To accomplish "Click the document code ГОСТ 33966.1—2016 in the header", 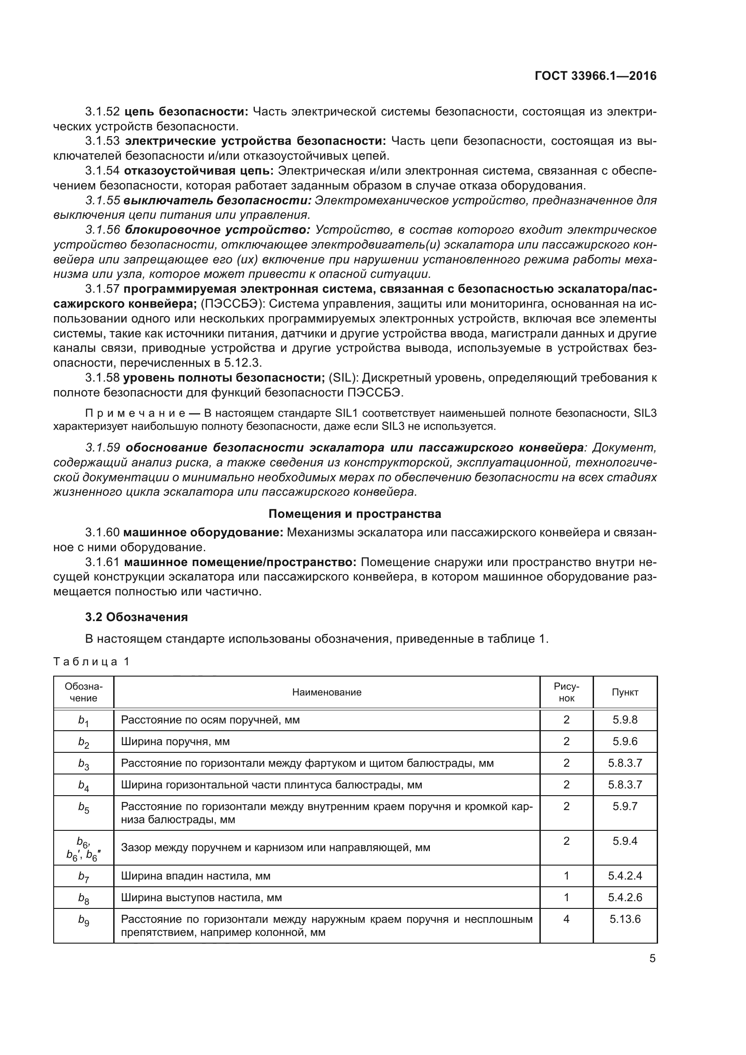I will [595, 76].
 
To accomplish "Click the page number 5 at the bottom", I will [652, 958].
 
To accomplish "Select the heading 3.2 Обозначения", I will [136, 617].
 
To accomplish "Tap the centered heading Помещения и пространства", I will [355, 513].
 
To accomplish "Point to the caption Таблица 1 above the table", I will [92, 661].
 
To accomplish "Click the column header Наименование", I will [327, 692].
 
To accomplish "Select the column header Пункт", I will [625, 692].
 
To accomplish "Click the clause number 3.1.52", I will [102, 111].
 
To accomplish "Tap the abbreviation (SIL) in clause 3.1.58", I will [343, 378].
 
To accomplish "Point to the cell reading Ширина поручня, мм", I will [175, 742].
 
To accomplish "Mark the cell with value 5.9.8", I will [625, 719].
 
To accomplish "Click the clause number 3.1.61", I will [102, 562].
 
